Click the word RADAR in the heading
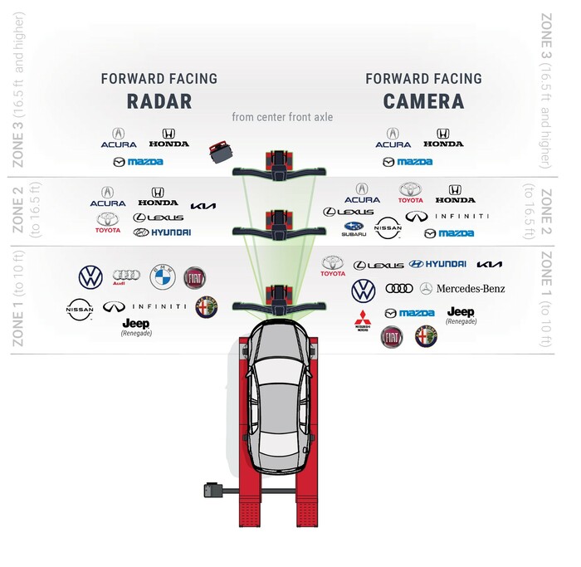tap(159, 102)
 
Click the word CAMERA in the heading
tap(423, 102)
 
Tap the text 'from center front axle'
tap(282, 118)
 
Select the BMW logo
tap(161, 277)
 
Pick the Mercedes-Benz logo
tap(461, 289)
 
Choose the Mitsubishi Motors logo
tap(361, 318)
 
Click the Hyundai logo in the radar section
tap(161, 232)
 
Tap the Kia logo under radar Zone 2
tap(204, 206)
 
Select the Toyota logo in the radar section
tap(108, 222)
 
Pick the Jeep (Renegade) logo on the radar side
tap(135, 326)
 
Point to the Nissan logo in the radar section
tap(80, 310)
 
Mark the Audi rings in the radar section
tap(125, 277)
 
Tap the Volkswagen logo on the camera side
tap(363, 291)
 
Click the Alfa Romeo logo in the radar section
tap(205, 307)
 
